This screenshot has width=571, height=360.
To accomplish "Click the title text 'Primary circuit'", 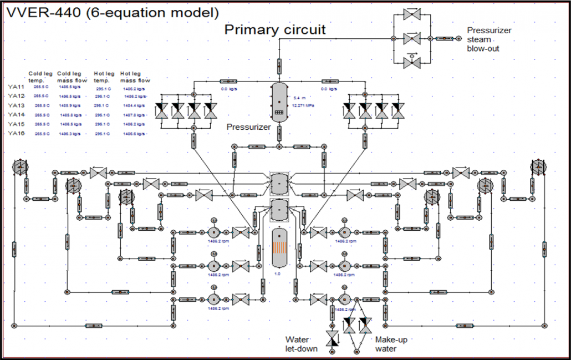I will coord(275,30).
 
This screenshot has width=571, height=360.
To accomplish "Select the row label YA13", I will coord(17,105).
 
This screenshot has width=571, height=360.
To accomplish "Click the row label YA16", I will coord(17,134).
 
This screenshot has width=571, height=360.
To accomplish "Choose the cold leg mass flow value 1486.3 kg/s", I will coord(70,134).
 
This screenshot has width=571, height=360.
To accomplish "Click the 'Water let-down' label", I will coord(301,343).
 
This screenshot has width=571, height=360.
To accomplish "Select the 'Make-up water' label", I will coord(391,344).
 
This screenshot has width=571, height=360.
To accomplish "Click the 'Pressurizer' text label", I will coord(248,127).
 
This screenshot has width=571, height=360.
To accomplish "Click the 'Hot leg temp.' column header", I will coord(104,77).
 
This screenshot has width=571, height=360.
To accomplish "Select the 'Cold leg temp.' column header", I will coord(40,77).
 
